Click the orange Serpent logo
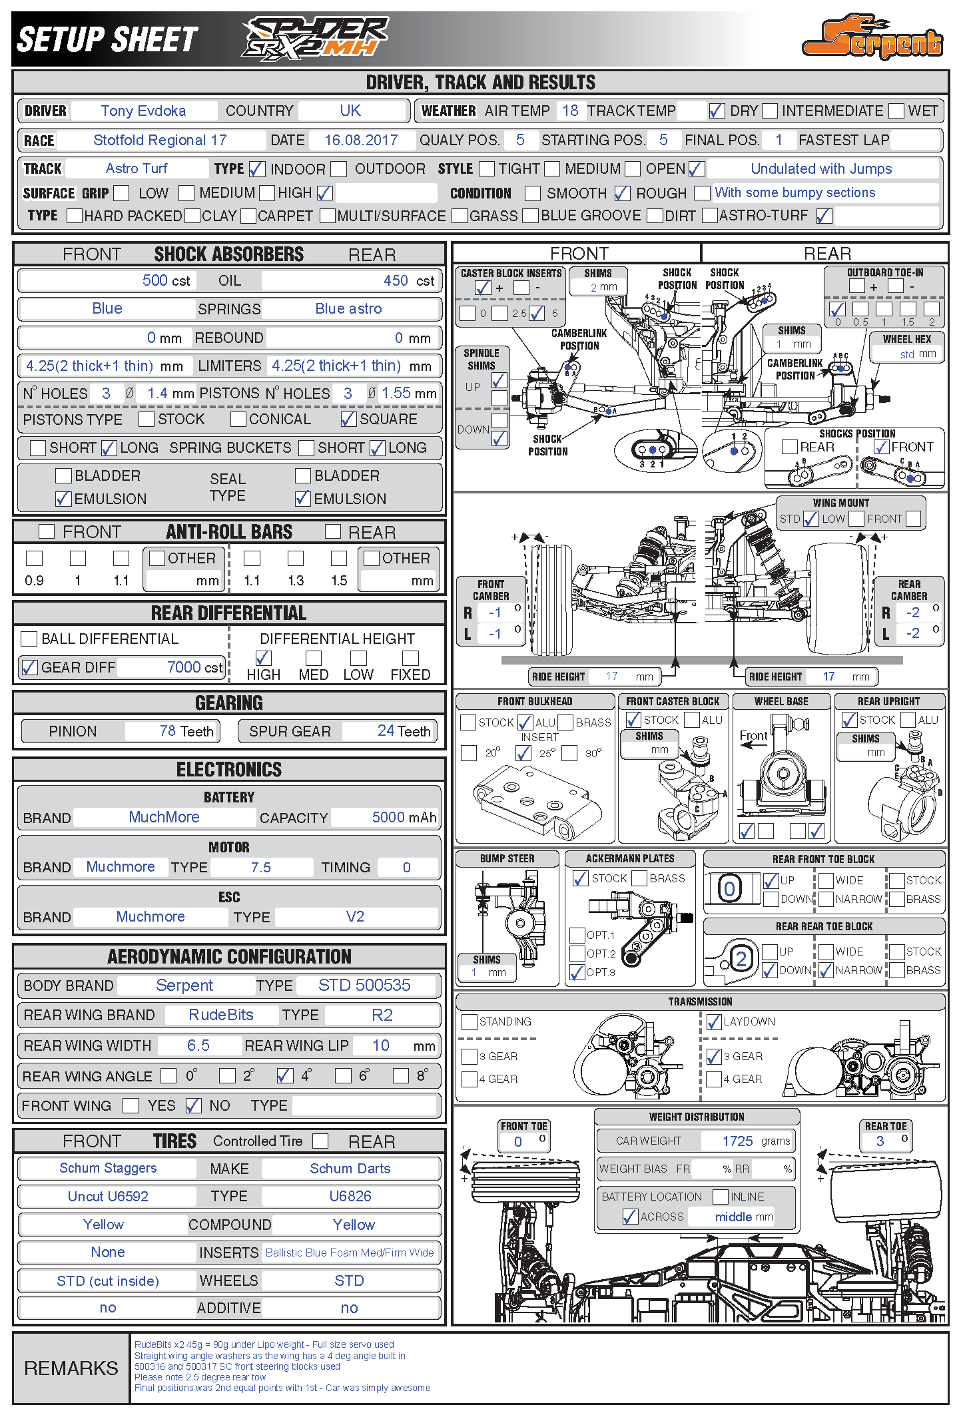click(872, 39)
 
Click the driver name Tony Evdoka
click(143, 111)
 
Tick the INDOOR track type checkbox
click(257, 169)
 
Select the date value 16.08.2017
click(361, 141)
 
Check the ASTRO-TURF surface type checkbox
click(824, 216)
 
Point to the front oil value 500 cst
click(166, 281)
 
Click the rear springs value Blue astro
click(348, 309)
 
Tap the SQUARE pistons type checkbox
click(348, 420)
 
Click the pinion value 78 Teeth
click(186, 731)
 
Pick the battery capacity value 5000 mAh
click(404, 818)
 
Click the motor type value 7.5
click(260, 868)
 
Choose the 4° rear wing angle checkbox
click(285, 1075)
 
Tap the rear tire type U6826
click(350, 1197)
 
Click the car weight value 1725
click(737, 1141)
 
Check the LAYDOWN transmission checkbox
click(714, 1022)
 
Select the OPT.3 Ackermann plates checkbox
click(577, 973)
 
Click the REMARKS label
click(71, 1368)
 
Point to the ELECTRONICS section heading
click(229, 770)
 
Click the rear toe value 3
click(880, 1141)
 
